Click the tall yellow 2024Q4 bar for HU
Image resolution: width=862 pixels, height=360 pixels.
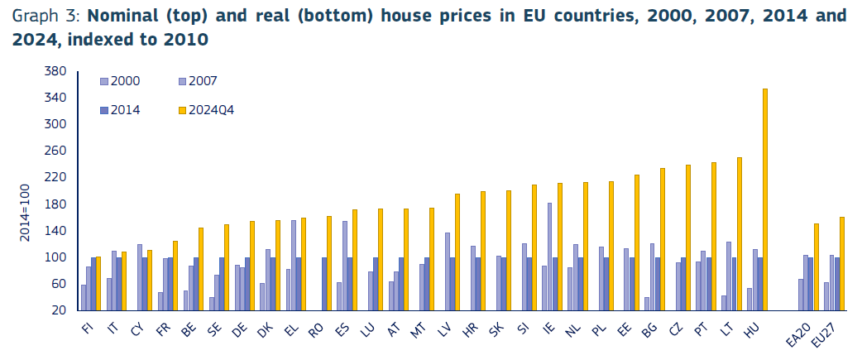[x=765, y=199]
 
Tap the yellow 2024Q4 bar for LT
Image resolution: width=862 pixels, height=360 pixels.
[x=740, y=233]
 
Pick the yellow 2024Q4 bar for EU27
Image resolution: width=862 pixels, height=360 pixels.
[x=842, y=263]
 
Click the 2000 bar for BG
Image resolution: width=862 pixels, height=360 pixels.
[x=646, y=303]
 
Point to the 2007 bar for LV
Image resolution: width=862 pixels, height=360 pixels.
[x=448, y=271]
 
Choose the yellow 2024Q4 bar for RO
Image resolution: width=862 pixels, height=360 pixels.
[x=329, y=263]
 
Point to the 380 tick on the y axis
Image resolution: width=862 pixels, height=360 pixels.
[x=55, y=71]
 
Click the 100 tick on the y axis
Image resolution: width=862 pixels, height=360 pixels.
[x=55, y=257]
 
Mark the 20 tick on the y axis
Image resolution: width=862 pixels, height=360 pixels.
[x=59, y=310]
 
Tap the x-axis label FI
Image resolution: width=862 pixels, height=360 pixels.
[x=87, y=329]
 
